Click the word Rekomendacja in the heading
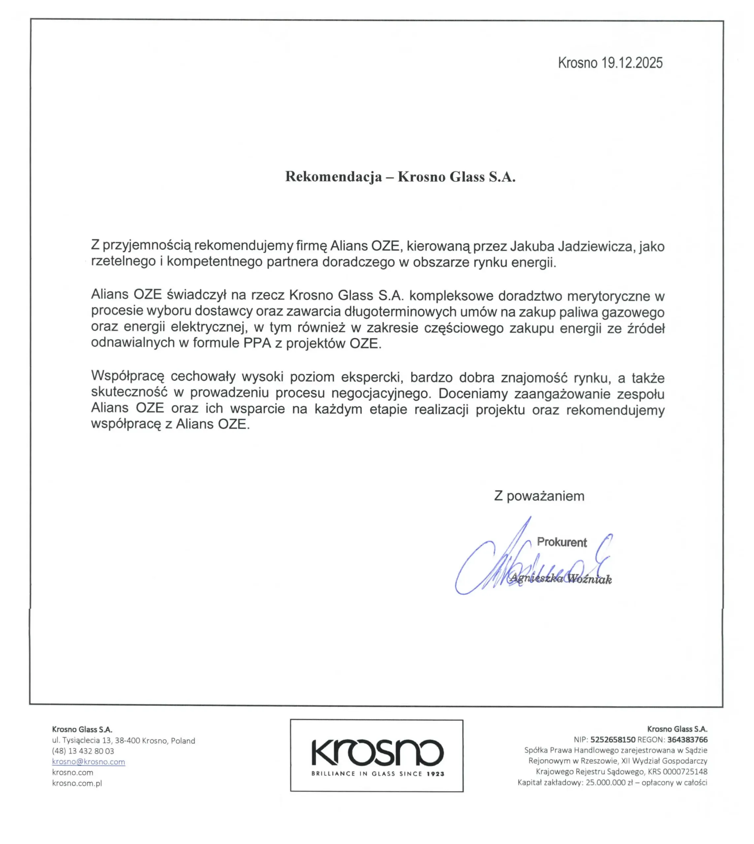tap(334, 177)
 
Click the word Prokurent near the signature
tap(562, 542)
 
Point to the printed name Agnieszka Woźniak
tap(561, 579)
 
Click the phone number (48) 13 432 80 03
tap(83, 751)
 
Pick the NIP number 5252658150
tap(613, 740)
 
